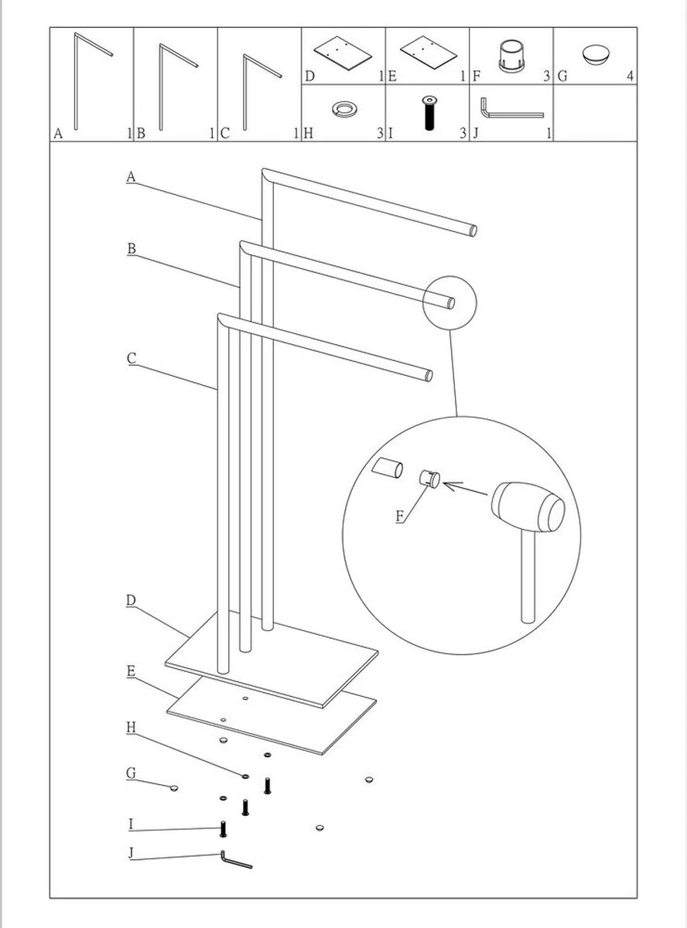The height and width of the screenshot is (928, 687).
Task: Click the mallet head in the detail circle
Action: [530, 508]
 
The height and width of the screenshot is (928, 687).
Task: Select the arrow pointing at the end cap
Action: [467, 487]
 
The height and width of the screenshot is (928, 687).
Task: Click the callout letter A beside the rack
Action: [131, 177]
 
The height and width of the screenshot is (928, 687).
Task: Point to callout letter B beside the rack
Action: [131, 248]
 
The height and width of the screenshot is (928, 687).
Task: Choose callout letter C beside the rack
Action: [131, 358]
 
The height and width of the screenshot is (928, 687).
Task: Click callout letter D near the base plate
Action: [131, 600]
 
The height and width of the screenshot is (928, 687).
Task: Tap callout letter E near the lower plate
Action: [131, 671]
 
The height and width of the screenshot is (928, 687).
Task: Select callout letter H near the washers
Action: [131, 728]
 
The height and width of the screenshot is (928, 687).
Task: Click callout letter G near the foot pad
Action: [131, 773]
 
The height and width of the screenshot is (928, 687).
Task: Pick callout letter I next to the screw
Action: [131, 824]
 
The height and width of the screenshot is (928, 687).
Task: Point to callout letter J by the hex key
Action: [131, 854]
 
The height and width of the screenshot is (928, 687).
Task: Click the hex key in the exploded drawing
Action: [235, 860]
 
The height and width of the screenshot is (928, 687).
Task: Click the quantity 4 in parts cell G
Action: [631, 77]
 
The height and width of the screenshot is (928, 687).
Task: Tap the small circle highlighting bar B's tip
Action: [449, 300]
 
